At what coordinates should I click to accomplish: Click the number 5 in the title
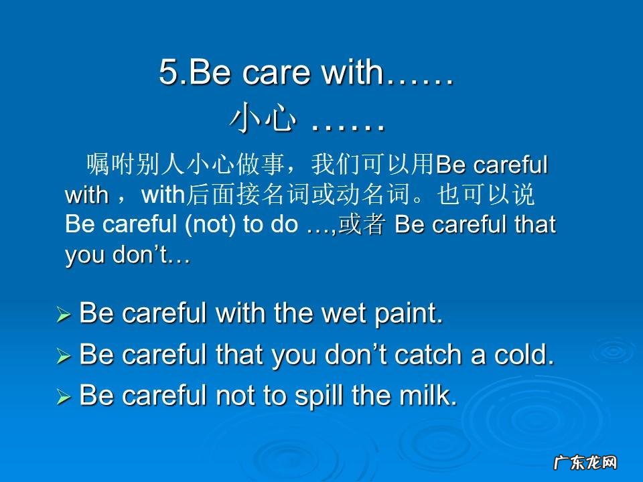[169, 73]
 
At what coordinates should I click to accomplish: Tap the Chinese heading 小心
[263, 119]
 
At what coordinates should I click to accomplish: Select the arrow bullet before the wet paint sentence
[64, 314]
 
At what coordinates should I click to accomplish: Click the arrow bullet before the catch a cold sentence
[64, 357]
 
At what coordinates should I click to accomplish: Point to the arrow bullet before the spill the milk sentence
[64, 398]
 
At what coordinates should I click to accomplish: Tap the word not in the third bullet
[230, 396]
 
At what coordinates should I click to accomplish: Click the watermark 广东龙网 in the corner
[584, 463]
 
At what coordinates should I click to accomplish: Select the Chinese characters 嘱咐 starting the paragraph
[111, 165]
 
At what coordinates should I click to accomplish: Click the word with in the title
[351, 73]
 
